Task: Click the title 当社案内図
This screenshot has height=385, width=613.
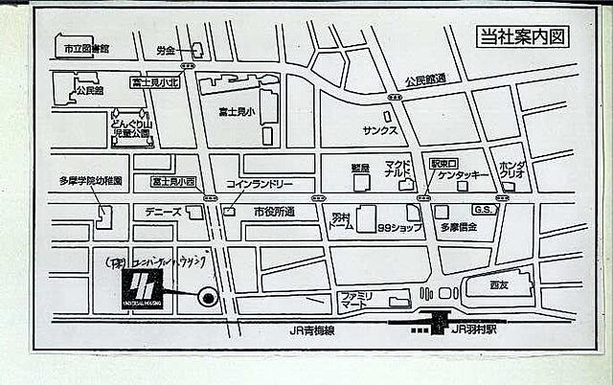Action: click(523, 37)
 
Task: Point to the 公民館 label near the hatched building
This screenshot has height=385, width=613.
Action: click(88, 90)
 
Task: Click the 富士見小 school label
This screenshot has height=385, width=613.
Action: click(235, 112)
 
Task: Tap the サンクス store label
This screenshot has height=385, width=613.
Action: click(380, 128)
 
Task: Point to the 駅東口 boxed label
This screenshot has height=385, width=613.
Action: click(444, 163)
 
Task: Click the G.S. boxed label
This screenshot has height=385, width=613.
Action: click(483, 210)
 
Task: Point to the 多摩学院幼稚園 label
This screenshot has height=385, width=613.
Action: click(91, 180)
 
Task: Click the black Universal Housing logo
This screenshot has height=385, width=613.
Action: click(141, 288)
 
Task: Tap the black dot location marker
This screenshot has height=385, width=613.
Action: click(206, 298)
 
